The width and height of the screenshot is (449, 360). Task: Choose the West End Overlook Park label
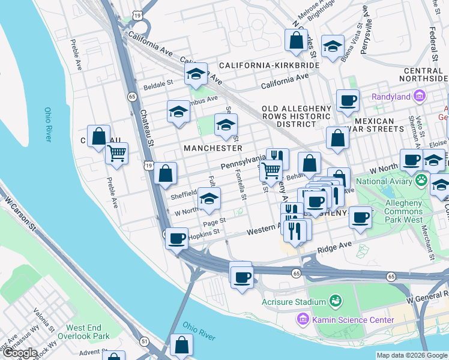point(88,332)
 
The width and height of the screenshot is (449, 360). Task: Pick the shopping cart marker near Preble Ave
point(116,152)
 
